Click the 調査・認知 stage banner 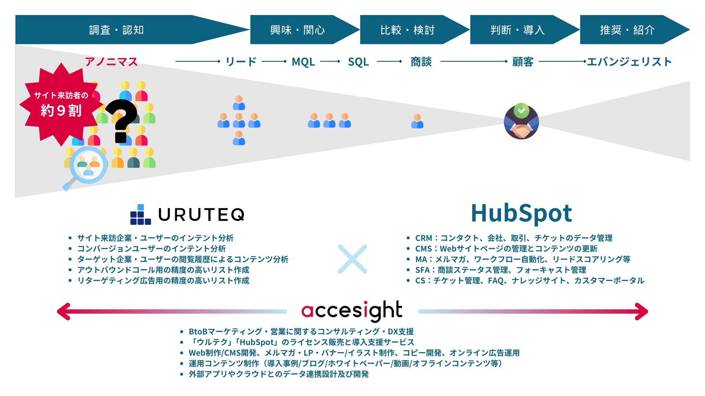[117, 30]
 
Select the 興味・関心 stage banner [297, 30]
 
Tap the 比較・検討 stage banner [407, 30]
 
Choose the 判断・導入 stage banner [517, 30]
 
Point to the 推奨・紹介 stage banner [627, 30]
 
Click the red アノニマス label [111, 62]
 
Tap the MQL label [303, 62]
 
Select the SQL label [358, 62]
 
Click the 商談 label [421, 62]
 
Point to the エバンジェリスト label [629, 62]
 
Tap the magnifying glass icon [87, 167]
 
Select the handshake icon [521, 122]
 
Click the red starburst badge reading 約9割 [61, 104]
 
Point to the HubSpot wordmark [521, 213]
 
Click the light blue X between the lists [352, 259]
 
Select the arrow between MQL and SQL [330, 62]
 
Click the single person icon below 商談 [417, 121]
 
